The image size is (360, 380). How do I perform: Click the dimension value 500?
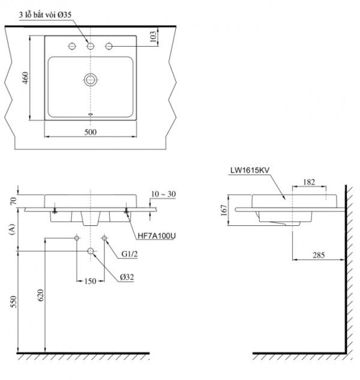tap(91, 133)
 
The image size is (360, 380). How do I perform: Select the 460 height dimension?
tap(25, 78)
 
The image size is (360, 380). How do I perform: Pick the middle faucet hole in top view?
tap(91, 46)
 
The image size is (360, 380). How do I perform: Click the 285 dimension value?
tap(318, 255)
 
